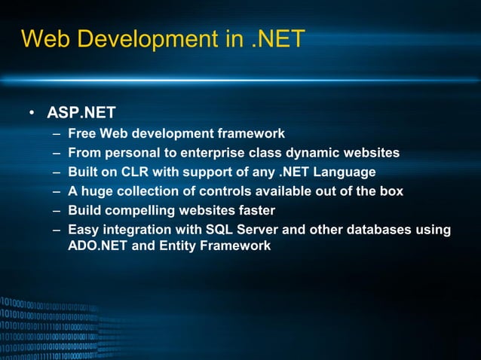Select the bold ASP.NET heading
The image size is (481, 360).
81,114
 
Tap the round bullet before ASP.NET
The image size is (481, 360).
32,114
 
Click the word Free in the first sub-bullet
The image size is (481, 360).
81,134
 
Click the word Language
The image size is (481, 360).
344,172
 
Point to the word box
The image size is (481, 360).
391,191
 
